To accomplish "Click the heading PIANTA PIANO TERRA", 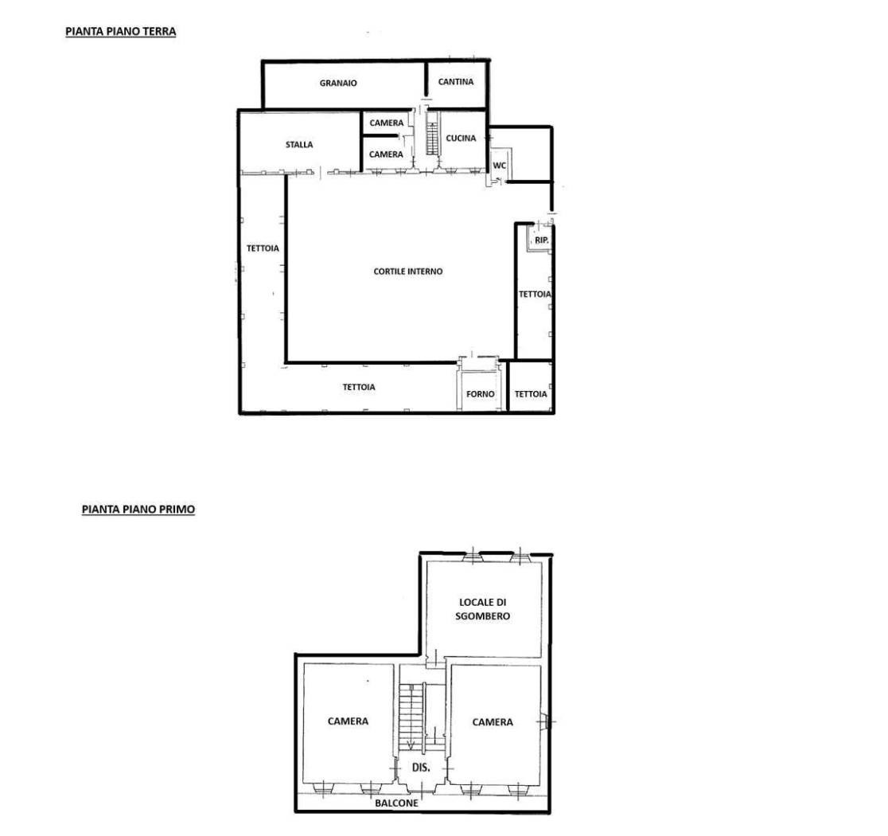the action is pos(121,32).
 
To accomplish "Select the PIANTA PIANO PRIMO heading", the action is pos(138,510).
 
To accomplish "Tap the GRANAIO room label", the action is pos(338,84).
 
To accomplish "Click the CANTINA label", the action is pos(456,82).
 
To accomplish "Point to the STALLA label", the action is pos(299,145).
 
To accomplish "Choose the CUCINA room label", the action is pos(461,139).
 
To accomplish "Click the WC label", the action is pos(499,166).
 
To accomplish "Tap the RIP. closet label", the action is pos(541,240).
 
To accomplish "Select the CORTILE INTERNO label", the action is pos(407,272).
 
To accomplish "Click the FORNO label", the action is pos(481,394).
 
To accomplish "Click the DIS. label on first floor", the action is pos(421,768).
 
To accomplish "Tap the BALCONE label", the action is pos(396,803).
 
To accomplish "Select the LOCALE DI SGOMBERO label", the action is pos(482,609).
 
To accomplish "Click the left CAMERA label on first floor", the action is pos(348,721).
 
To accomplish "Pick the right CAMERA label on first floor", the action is pos(493,722).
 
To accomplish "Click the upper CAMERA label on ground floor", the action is pos(387,123).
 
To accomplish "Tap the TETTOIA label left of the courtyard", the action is pos(263,248).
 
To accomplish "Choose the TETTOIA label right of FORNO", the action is pos(531,394).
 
